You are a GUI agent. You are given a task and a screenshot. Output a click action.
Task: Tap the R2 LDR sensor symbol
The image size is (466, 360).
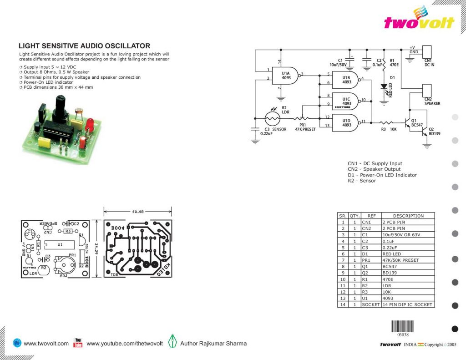273,118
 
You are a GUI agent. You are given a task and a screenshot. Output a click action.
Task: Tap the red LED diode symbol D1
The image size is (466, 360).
384,86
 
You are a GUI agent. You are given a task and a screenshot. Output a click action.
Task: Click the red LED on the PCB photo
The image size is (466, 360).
89,125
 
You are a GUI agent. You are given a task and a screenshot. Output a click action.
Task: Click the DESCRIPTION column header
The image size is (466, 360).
408,216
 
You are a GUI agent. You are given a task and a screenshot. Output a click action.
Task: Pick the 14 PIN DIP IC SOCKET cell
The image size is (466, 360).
407,304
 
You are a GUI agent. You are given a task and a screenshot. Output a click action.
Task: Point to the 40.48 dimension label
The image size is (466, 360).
138,212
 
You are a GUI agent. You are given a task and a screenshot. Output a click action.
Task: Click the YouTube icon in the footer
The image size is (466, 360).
78,343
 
